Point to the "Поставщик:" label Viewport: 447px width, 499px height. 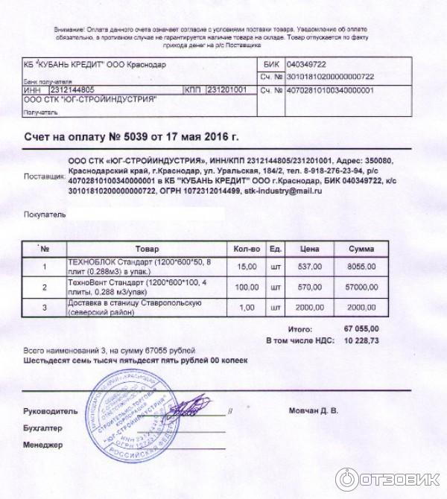coord(44,177)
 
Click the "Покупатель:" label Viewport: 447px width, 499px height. coord(44,214)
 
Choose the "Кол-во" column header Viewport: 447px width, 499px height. coord(246,249)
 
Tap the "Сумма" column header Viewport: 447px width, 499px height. coord(361,249)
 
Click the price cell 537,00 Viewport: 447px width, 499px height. coord(311,266)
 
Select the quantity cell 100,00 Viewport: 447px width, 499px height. coord(246,287)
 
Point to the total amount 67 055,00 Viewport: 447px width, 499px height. coord(361,328)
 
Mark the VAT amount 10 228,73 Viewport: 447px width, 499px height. coord(361,340)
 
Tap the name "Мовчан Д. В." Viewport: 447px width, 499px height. coord(313,410)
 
